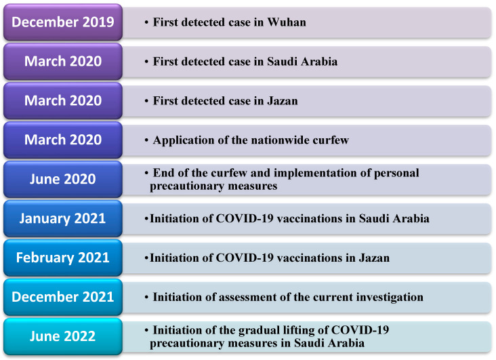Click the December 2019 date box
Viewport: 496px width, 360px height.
click(63, 22)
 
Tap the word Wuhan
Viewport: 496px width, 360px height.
click(287, 22)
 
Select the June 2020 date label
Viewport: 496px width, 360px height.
click(63, 179)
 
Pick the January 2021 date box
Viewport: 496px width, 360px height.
click(63, 218)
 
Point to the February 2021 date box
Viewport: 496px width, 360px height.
click(63, 258)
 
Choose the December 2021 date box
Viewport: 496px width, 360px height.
click(63, 297)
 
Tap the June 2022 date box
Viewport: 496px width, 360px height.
click(63, 336)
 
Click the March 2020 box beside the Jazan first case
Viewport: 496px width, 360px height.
click(63, 101)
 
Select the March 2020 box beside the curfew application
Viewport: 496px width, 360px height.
click(63, 140)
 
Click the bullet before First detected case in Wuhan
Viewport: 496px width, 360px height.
click(146, 22)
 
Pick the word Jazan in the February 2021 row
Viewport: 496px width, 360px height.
click(374, 258)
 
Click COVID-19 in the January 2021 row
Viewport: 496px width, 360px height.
click(245, 218)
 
